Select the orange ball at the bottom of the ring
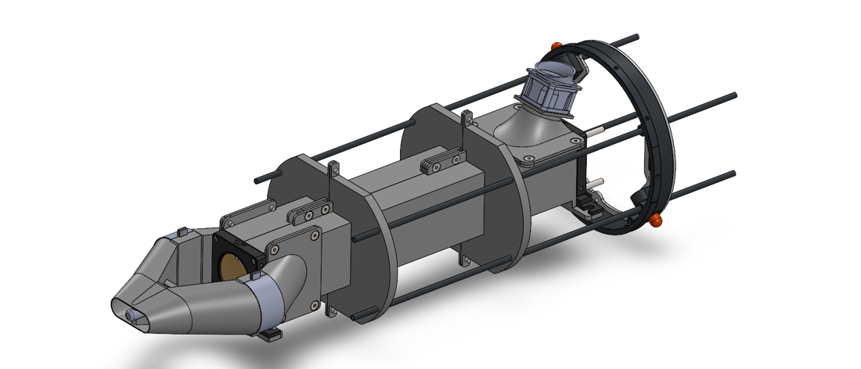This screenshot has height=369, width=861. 656,220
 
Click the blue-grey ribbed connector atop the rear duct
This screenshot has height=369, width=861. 554,88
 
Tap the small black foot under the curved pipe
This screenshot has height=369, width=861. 270,335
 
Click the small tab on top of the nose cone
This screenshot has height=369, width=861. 181,231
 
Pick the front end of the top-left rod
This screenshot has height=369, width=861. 258,181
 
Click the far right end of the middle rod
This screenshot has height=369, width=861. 733,95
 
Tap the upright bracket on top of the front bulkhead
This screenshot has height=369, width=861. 333,169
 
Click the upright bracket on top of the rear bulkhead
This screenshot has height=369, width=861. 467,119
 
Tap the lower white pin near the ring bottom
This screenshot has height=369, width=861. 598,183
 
